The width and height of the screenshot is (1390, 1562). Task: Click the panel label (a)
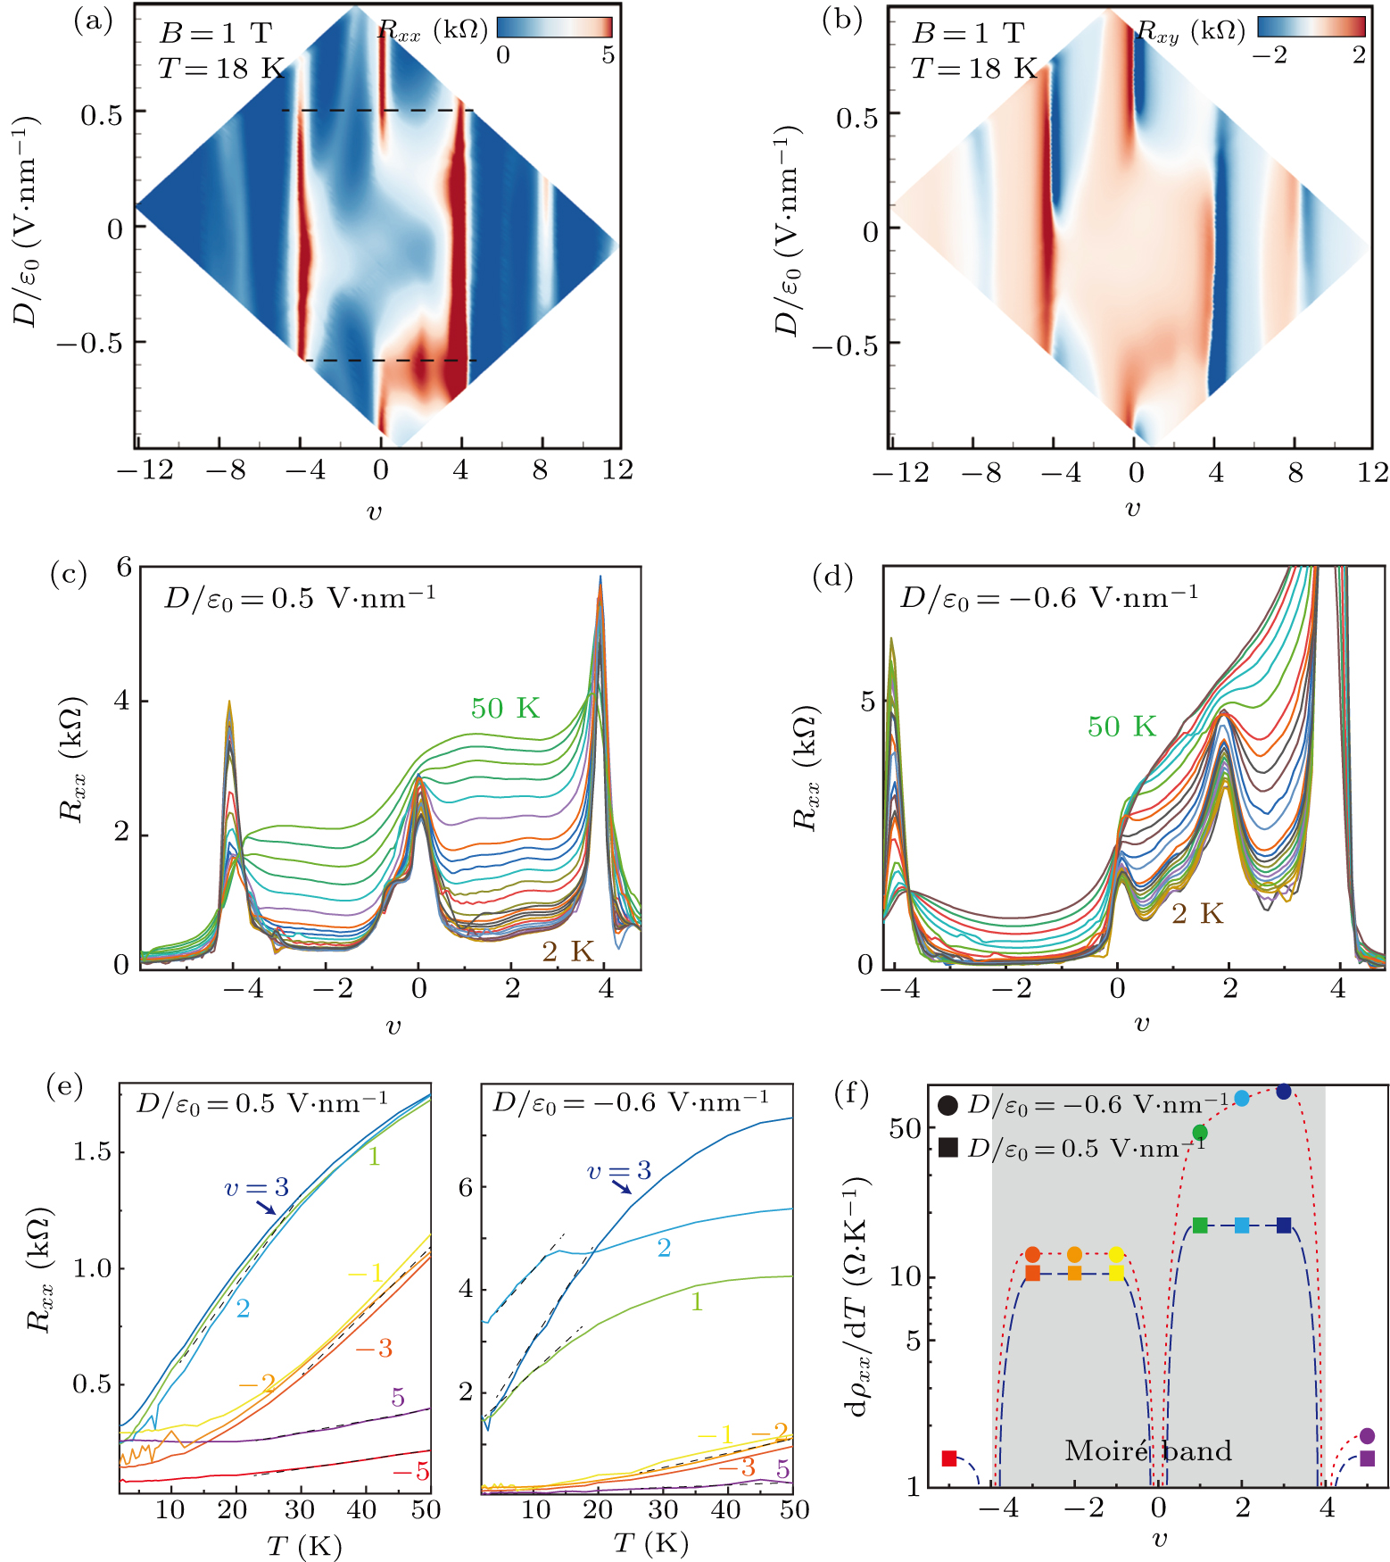point(94,20)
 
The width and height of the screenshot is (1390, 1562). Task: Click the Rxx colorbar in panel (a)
point(554,27)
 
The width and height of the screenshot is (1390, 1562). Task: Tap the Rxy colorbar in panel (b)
point(1311,27)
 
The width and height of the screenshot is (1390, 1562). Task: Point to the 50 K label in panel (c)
point(505,709)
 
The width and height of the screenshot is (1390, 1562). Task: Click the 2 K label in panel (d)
point(1196,914)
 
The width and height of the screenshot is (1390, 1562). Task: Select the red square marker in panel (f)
point(949,1458)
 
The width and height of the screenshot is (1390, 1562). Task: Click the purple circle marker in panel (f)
point(1367,1436)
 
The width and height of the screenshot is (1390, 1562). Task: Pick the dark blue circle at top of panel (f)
point(1284,1092)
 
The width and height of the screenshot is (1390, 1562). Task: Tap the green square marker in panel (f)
point(1200,1226)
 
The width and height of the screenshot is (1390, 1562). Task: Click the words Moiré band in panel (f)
point(1148,1450)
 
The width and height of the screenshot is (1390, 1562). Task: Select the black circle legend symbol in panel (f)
point(948,1106)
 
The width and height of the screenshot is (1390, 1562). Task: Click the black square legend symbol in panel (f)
point(948,1147)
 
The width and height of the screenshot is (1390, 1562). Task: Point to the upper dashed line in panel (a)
point(376,111)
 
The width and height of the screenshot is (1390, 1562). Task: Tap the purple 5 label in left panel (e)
point(398,1398)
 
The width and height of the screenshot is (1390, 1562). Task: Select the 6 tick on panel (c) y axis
point(123,567)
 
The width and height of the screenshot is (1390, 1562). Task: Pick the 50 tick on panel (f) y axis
point(905,1129)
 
